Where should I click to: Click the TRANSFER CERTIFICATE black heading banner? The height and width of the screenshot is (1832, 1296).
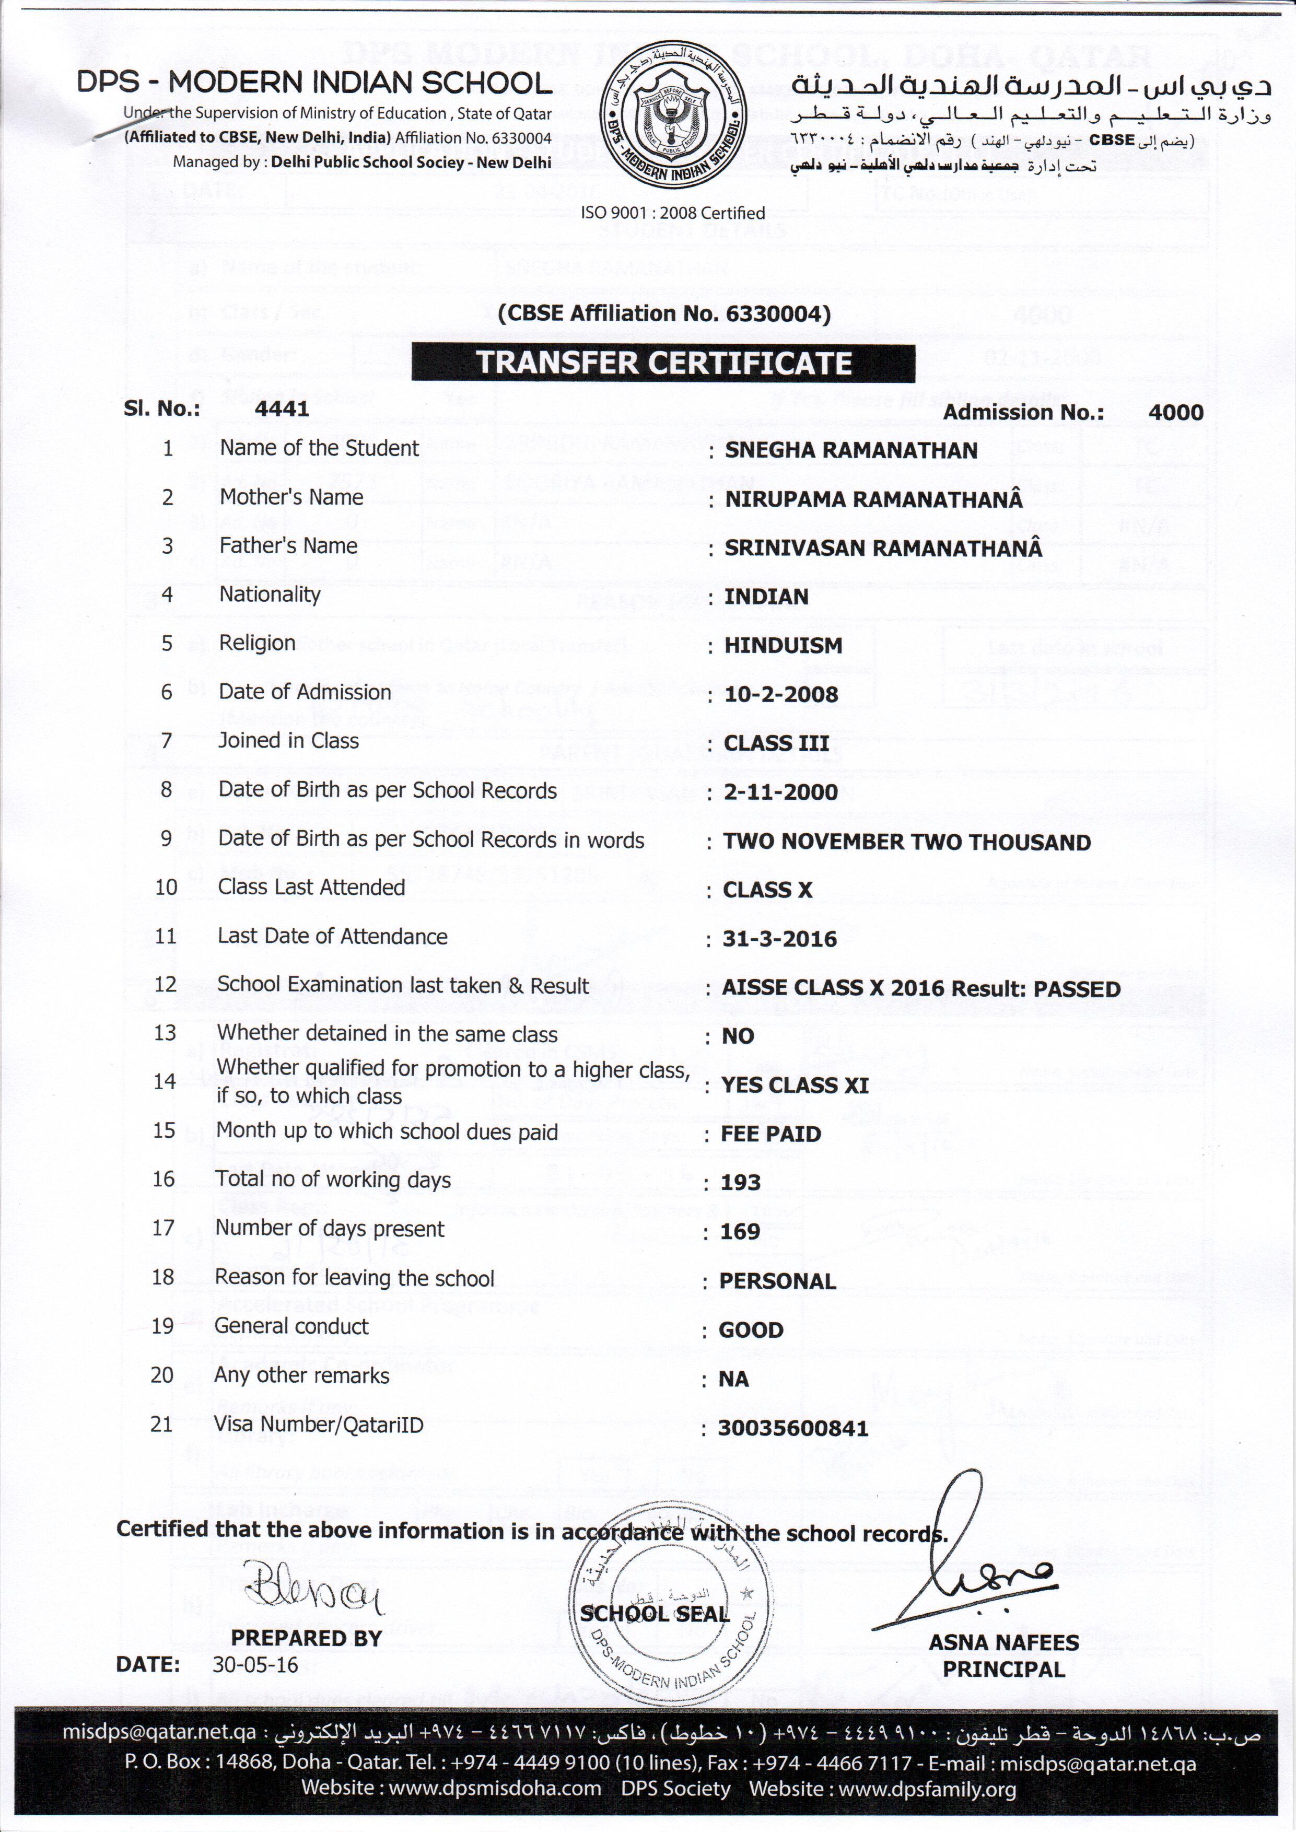pos(663,363)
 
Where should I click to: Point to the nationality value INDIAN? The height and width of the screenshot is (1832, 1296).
pos(766,597)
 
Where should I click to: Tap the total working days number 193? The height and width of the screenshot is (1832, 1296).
pos(741,1183)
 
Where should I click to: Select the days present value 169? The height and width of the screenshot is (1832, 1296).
pos(740,1231)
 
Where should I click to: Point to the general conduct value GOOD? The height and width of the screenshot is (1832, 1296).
pos(751,1330)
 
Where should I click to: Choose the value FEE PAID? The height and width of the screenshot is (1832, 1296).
pos(771,1134)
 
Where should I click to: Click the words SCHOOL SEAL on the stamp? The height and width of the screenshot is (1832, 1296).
pos(655,1613)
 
